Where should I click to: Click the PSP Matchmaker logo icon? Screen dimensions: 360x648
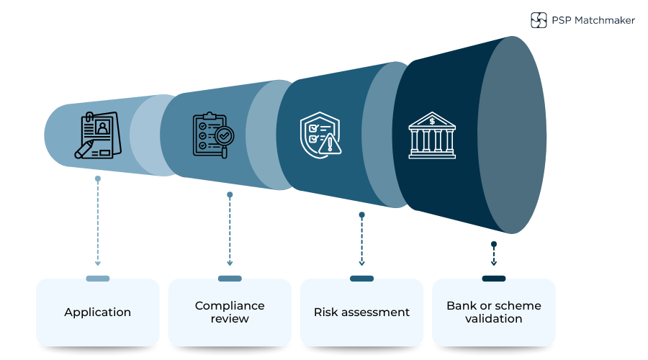[x=539, y=20]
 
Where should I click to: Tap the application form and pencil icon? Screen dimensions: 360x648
[x=98, y=135]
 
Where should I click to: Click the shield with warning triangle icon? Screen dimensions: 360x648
[x=320, y=133]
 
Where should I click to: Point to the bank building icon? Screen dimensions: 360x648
[x=432, y=135]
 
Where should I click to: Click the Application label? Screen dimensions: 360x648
[x=97, y=312]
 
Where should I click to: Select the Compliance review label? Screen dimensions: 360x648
[x=230, y=312]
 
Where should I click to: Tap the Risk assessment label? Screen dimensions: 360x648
[x=361, y=312]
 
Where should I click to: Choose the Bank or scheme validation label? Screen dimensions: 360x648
[x=494, y=312]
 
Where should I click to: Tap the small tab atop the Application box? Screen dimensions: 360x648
[x=98, y=279]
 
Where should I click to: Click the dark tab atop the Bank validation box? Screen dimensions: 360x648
[x=494, y=279]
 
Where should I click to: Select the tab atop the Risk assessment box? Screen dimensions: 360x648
[x=361, y=279]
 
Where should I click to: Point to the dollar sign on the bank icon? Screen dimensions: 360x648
[x=432, y=121]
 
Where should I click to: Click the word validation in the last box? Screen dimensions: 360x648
[x=494, y=319]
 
